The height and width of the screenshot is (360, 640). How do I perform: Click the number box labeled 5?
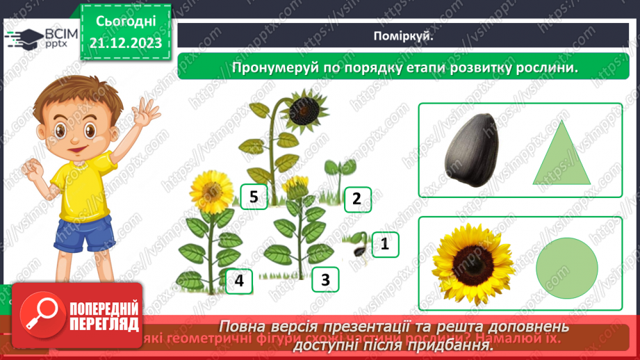pyautogui.click(x=254, y=198)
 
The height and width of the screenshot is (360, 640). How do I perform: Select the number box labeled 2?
pyautogui.click(x=356, y=199)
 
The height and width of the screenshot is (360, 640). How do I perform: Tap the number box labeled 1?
pyautogui.click(x=384, y=243)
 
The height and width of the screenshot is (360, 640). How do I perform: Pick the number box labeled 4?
pyautogui.click(x=239, y=281)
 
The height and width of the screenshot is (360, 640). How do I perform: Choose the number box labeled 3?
pyautogui.click(x=325, y=280)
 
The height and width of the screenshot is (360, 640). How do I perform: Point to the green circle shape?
pyautogui.click(x=567, y=269)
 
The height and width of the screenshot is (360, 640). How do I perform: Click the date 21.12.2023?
pyautogui.click(x=125, y=43)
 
